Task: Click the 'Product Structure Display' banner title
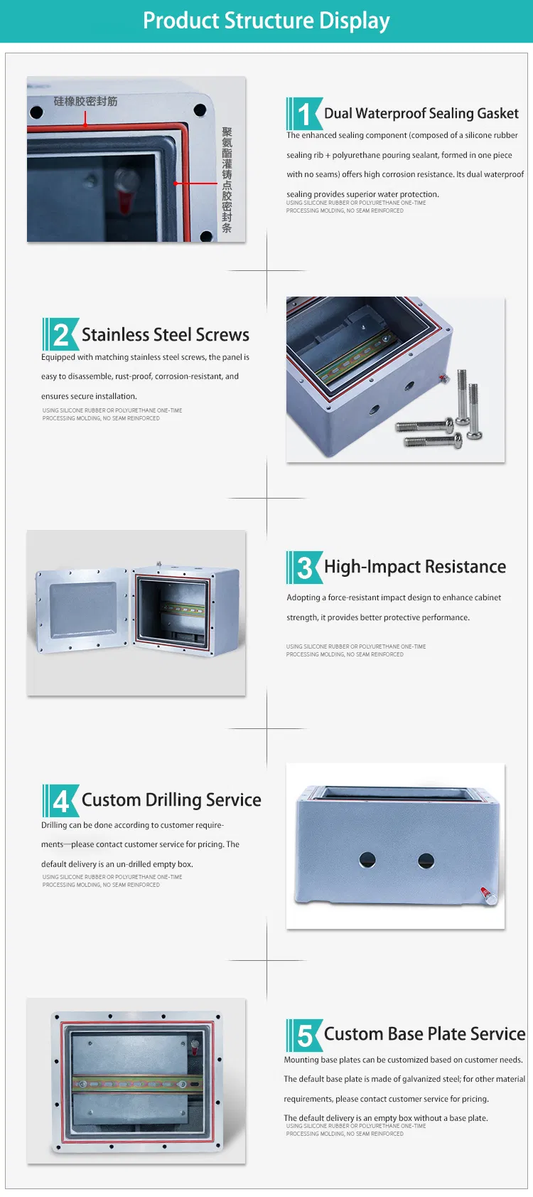[x=266, y=21]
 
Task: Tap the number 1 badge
[x=305, y=114]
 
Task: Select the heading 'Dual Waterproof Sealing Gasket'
[x=421, y=114]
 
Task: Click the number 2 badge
[x=61, y=335]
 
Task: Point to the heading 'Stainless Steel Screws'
[x=165, y=335]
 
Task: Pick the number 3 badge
[x=305, y=568]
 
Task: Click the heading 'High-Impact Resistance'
[x=415, y=567]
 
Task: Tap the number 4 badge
[x=61, y=801]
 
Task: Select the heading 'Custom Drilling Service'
[x=171, y=800]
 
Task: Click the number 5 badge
[x=305, y=1035]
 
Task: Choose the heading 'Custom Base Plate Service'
[x=424, y=1034]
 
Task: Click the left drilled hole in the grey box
[x=367, y=860]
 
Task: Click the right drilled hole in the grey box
[x=426, y=861]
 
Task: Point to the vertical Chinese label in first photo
[x=227, y=180]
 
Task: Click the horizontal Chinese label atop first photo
[x=85, y=102]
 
